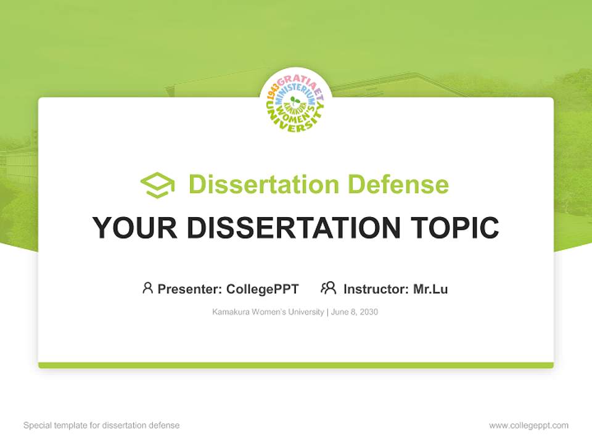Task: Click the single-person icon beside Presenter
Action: click(147, 288)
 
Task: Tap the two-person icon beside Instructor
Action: click(329, 288)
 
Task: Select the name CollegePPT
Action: click(263, 289)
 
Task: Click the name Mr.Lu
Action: click(430, 289)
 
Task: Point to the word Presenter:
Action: click(190, 289)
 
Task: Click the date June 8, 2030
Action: click(355, 312)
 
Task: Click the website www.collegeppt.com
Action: click(529, 425)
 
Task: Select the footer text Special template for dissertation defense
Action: click(102, 425)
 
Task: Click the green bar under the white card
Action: click(296, 365)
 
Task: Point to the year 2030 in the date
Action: click(369, 312)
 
